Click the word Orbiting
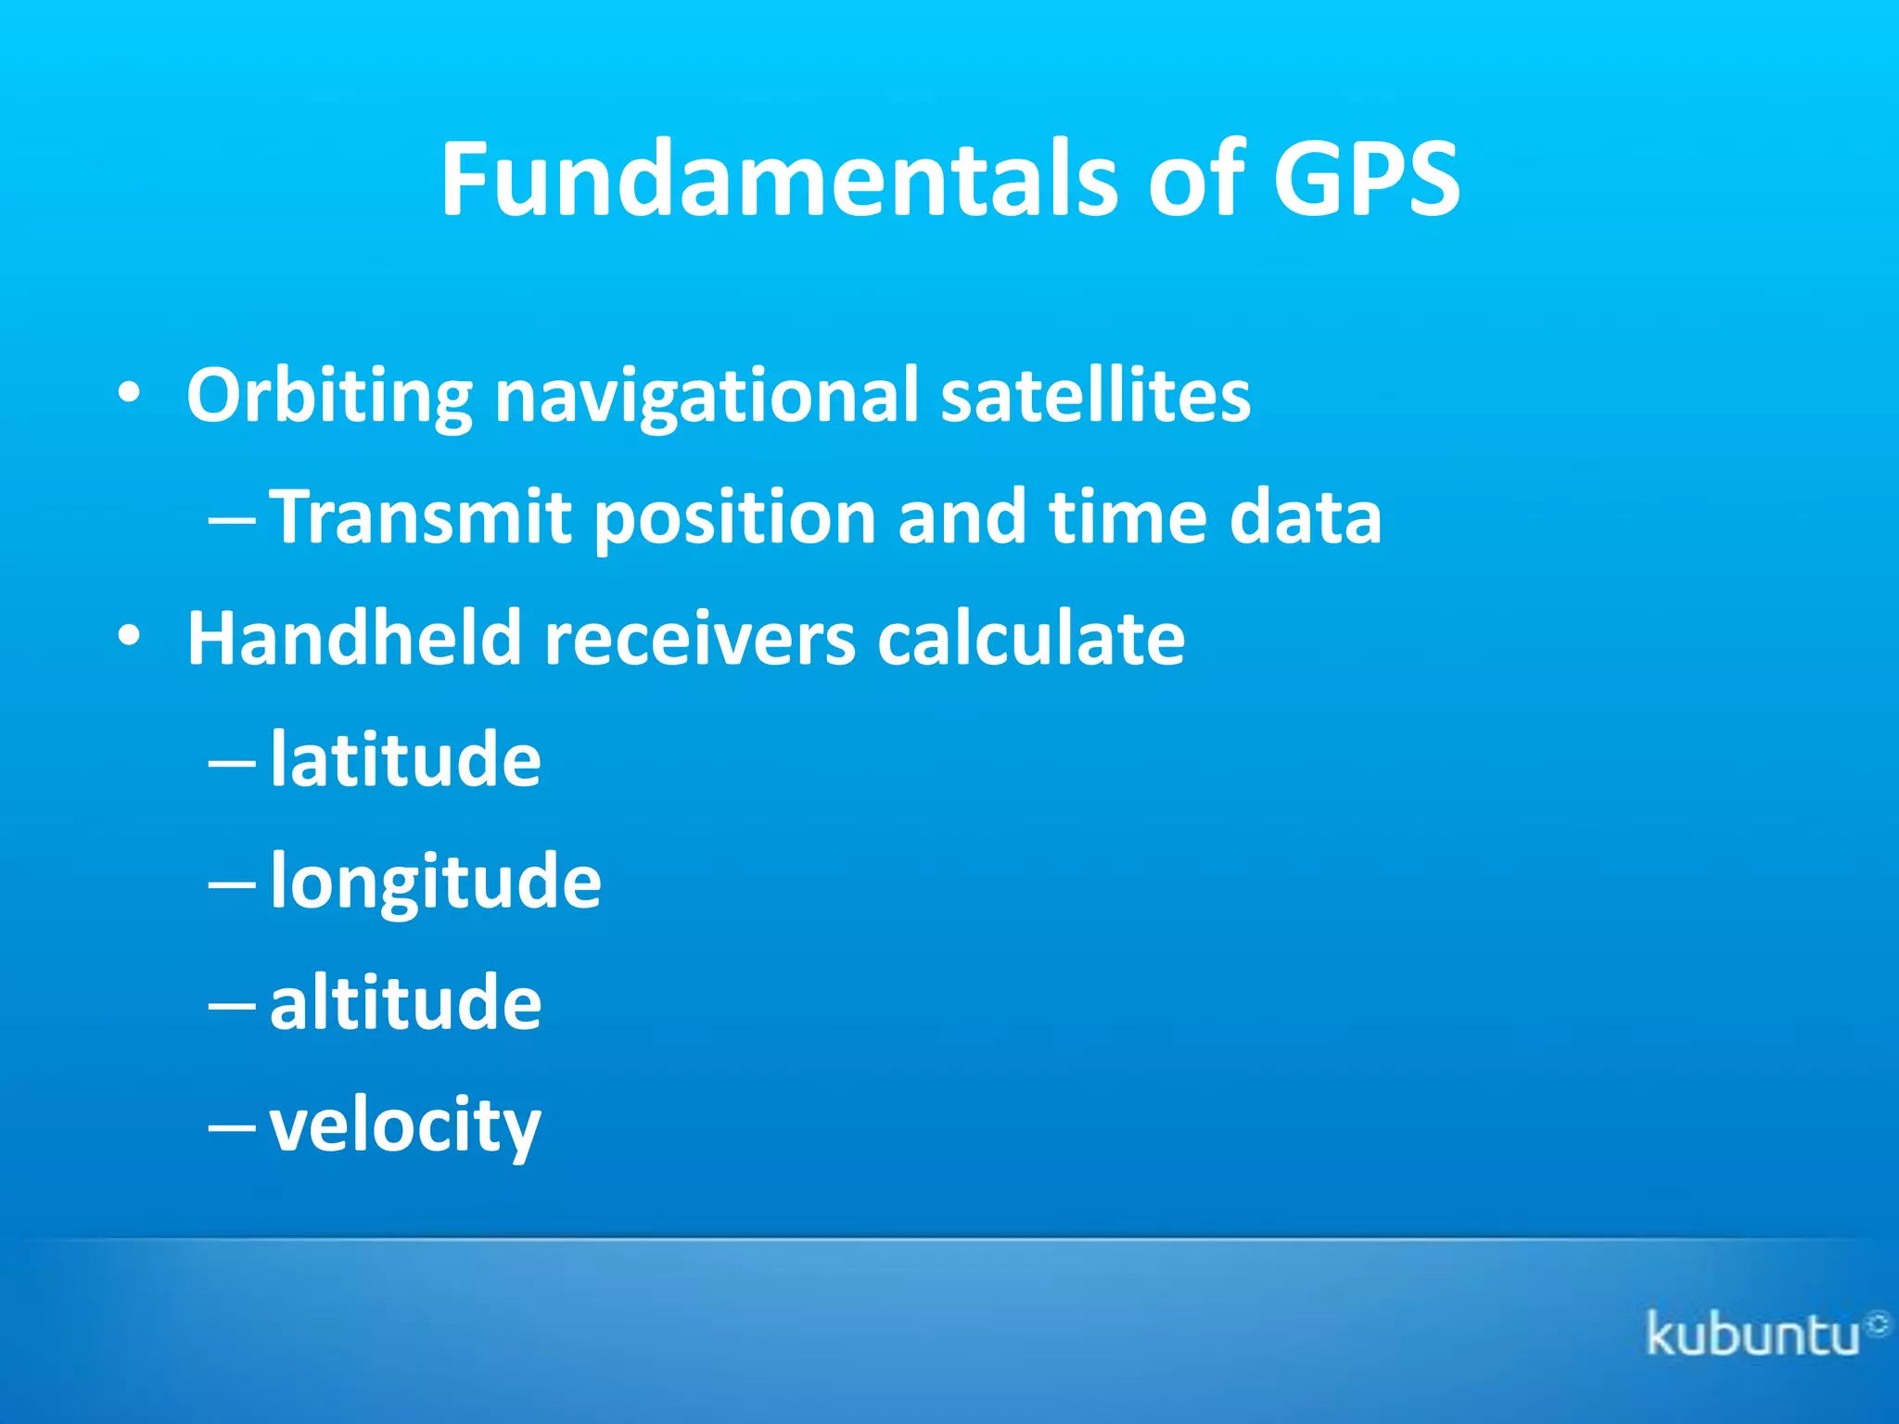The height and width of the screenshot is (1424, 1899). click(x=329, y=396)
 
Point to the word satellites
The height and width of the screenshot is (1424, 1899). click(x=1095, y=396)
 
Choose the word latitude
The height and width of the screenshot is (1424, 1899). click(x=405, y=759)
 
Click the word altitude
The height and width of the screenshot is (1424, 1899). click(x=405, y=1002)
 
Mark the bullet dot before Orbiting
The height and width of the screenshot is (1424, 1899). click(x=130, y=395)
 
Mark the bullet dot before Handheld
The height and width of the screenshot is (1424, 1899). click(x=130, y=637)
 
